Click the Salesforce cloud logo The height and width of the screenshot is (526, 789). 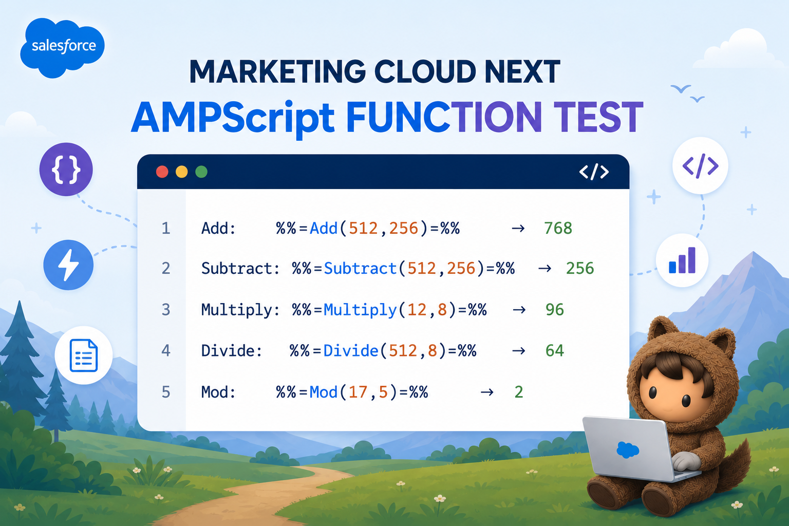62,47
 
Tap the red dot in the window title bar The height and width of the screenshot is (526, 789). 162,172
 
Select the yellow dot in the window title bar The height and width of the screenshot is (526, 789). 182,172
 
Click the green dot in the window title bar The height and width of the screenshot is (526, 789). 201,172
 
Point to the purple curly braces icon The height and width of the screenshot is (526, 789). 66,170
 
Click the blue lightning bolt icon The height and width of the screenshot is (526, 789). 68,265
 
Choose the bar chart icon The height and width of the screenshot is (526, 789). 682,260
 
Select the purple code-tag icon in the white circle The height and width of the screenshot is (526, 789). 700,165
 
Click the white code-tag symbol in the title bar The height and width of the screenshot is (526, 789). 594,172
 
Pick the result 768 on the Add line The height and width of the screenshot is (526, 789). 558,228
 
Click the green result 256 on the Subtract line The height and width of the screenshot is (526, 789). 580,269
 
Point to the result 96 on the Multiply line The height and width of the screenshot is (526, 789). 555,310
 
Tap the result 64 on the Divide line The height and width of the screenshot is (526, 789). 555,350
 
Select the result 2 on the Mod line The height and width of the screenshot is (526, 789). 519,392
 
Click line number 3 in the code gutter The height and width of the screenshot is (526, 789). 166,310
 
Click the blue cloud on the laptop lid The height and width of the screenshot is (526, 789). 628,450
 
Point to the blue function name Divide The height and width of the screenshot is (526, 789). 351,351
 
